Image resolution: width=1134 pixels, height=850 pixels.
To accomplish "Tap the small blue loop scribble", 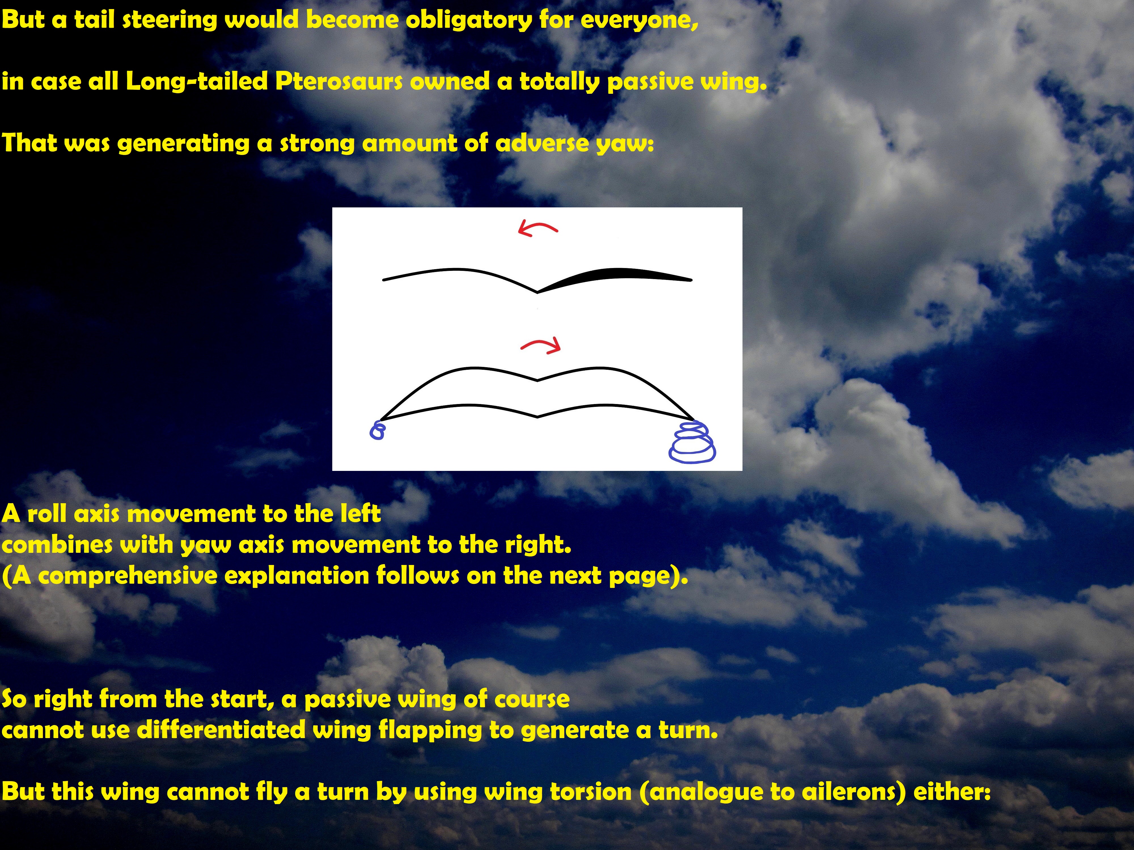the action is click(377, 430).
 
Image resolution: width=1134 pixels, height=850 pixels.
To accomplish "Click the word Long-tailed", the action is click(197, 82).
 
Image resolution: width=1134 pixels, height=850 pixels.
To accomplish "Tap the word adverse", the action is click(542, 143).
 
